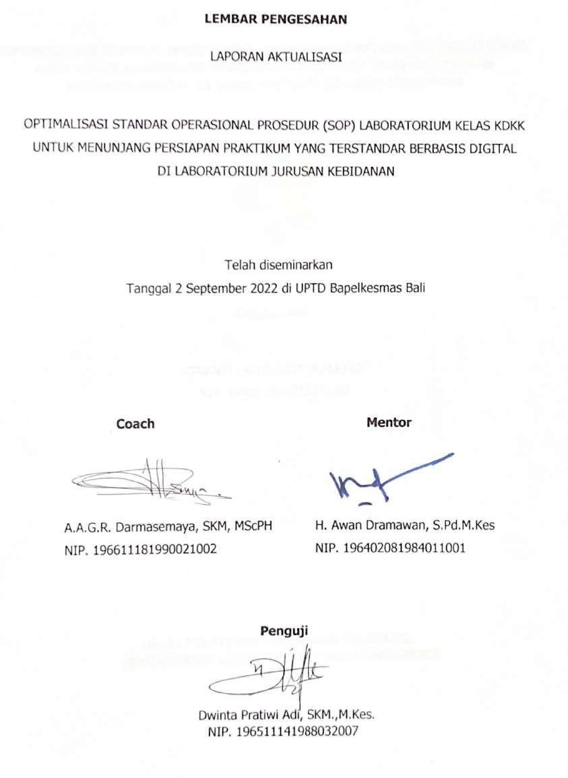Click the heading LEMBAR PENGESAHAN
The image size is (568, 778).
[x=276, y=20]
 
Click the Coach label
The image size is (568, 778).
[x=135, y=424]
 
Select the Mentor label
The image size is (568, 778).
[x=389, y=423]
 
